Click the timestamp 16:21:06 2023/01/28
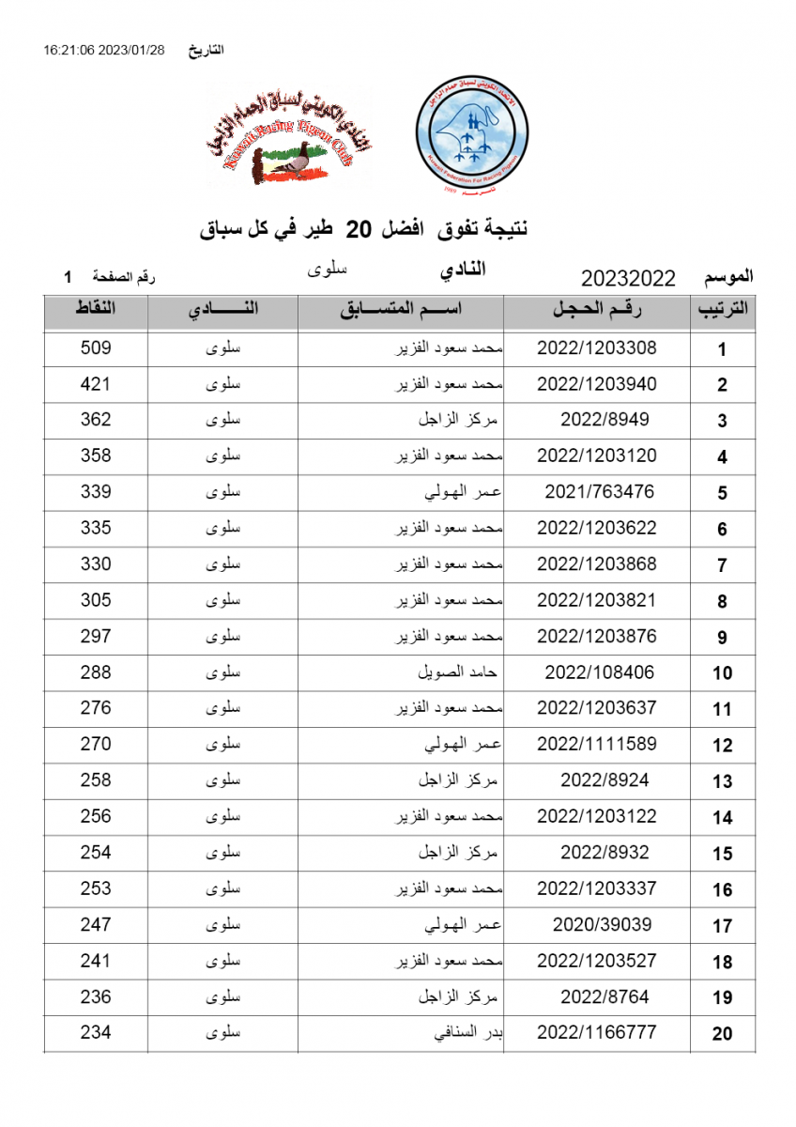click(103, 50)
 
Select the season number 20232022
click(628, 278)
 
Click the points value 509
click(96, 348)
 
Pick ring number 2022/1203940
click(596, 384)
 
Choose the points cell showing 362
click(96, 420)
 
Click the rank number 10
click(722, 673)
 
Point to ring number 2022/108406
click(600, 672)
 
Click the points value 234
click(96, 1032)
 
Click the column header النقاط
click(95, 309)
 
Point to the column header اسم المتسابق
click(401, 311)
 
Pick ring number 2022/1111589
click(596, 744)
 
